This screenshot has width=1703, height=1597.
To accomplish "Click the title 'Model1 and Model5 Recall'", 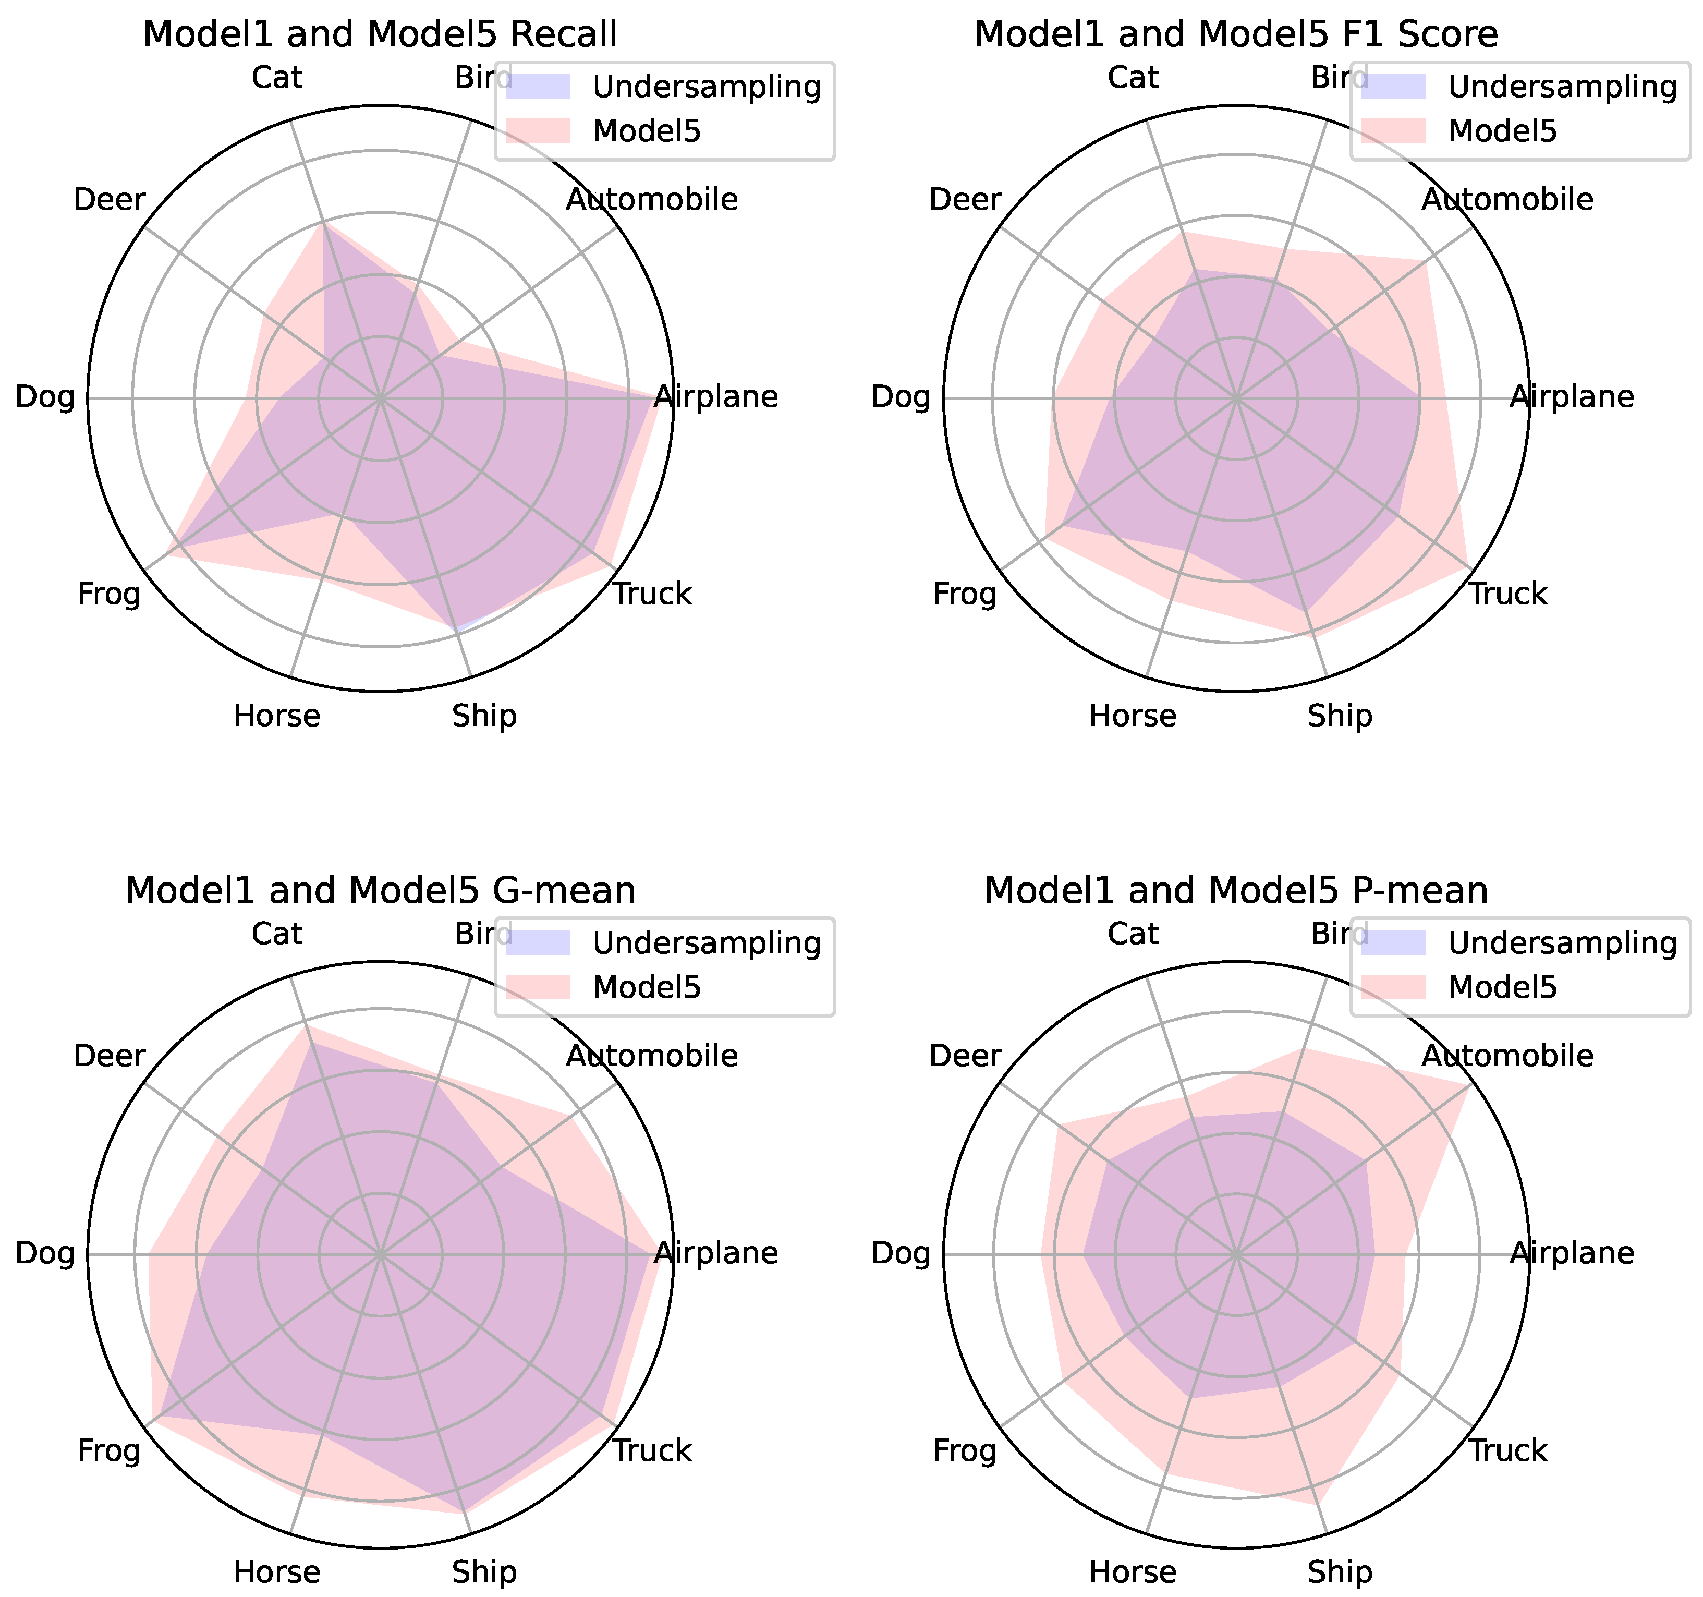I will click(x=380, y=35).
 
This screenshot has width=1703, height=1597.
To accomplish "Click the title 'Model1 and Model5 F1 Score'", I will click(x=1236, y=35).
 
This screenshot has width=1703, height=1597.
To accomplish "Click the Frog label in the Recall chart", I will click(x=109, y=594).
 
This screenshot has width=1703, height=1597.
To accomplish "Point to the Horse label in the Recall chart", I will click(x=277, y=716).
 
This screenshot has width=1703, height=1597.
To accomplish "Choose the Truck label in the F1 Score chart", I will click(x=1507, y=594).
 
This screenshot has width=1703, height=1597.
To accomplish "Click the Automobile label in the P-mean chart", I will click(x=1507, y=1056).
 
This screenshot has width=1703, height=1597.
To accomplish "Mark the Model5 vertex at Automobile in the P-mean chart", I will click(x=1470, y=1085).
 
